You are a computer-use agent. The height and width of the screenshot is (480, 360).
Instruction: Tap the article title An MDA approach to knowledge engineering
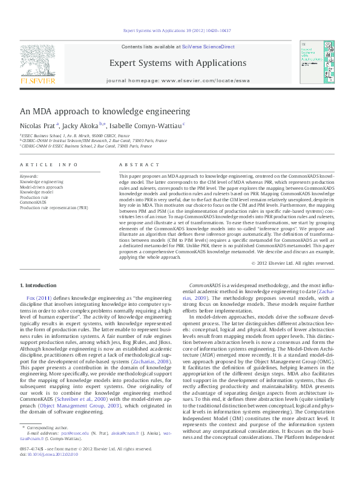point(105,111)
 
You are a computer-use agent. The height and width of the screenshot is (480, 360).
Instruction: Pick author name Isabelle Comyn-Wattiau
point(144,126)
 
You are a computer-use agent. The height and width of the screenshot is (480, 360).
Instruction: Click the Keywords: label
point(29,176)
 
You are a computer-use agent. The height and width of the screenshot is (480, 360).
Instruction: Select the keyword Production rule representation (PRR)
point(53,207)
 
